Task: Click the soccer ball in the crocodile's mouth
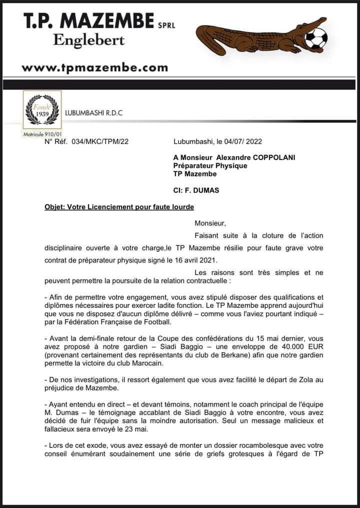coord(316,38)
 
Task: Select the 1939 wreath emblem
coord(42,111)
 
